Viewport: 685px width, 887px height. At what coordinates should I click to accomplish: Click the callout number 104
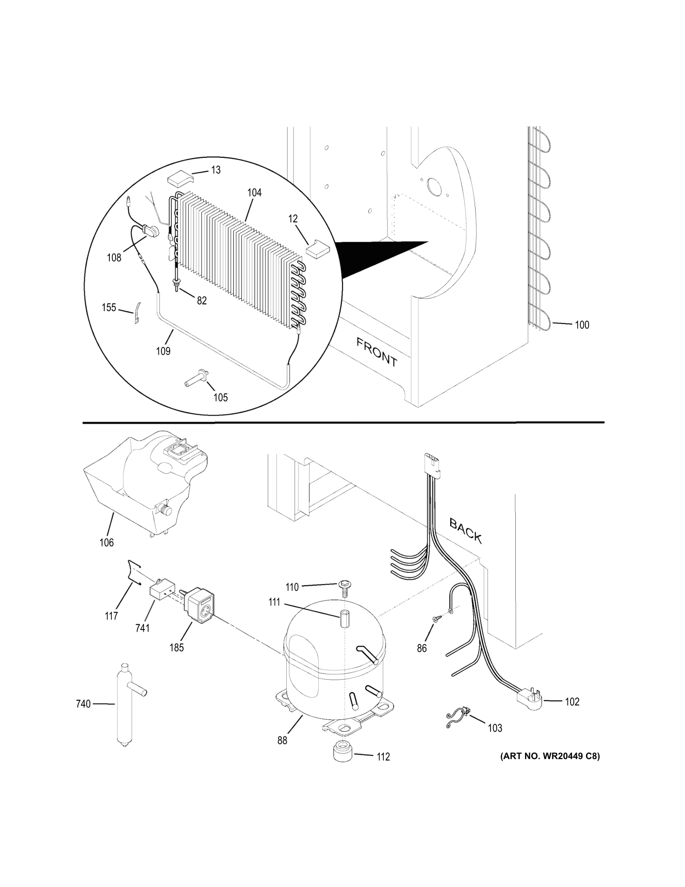pos(254,192)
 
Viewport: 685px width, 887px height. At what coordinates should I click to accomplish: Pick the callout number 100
pos(582,325)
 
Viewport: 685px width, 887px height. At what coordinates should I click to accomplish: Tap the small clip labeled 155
pos(138,314)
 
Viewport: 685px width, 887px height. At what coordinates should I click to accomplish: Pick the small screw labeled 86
pos(435,619)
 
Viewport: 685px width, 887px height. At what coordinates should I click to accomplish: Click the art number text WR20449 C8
pos(549,756)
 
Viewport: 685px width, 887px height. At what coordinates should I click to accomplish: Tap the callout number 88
pos(282,740)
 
